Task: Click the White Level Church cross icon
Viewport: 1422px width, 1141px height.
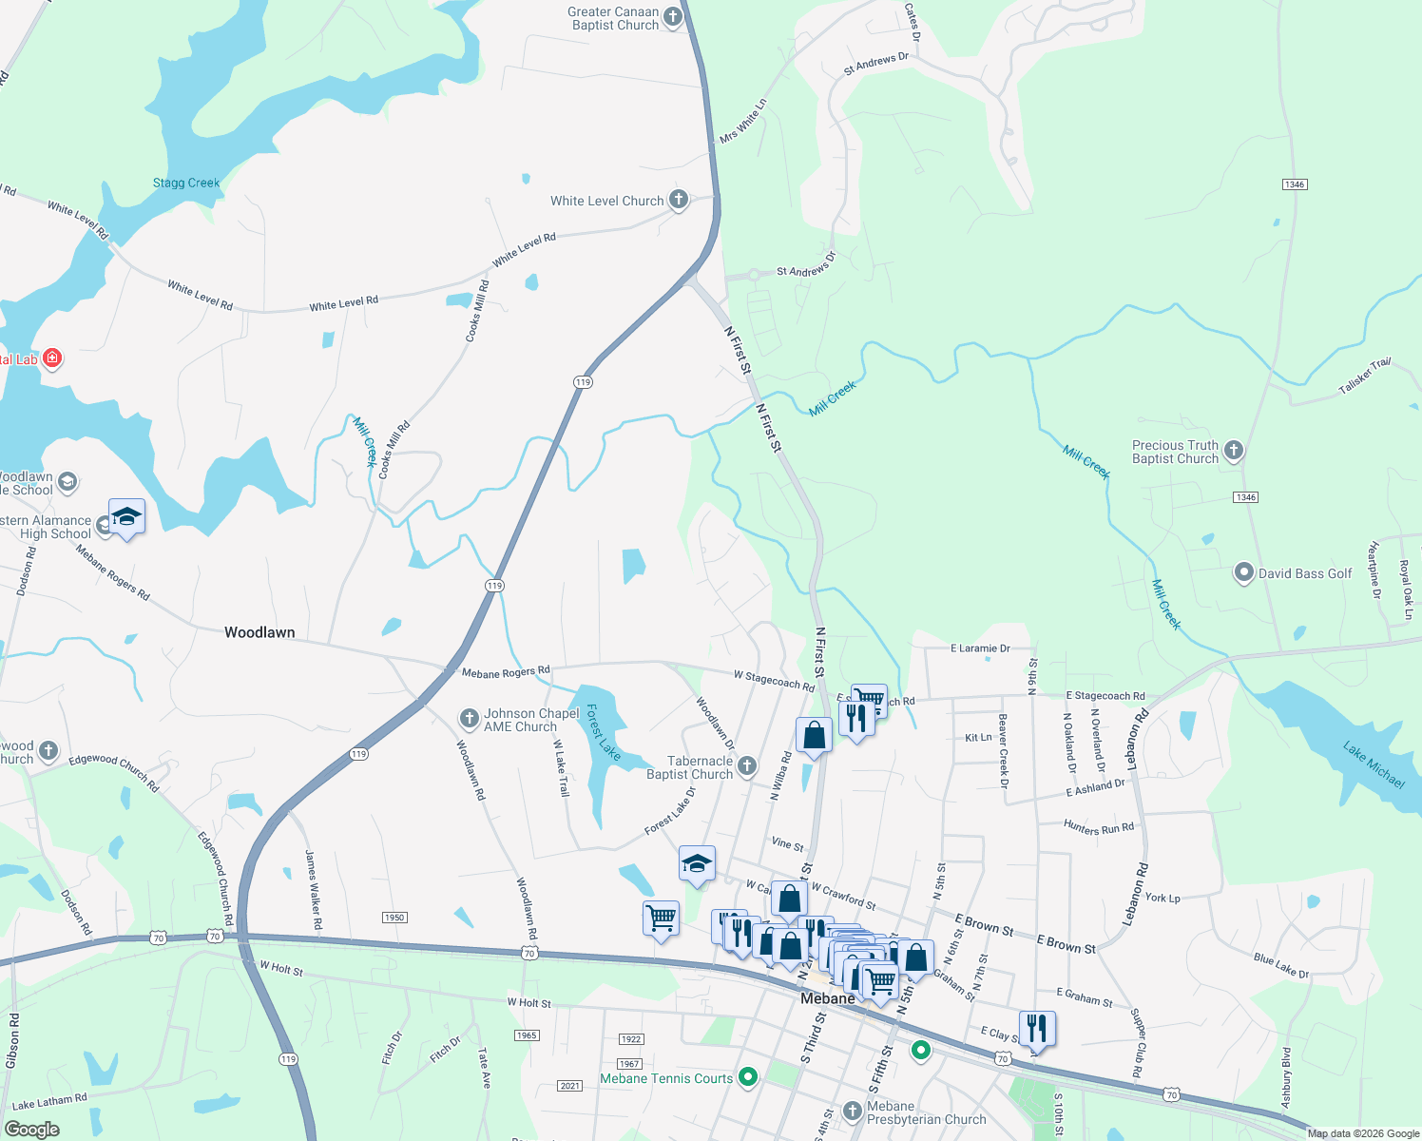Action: pos(678,200)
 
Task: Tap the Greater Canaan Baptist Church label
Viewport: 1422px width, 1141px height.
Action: pos(614,19)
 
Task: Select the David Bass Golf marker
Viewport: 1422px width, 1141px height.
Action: pos(1243,573)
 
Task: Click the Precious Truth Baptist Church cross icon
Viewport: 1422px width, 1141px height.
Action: pos(1233,451)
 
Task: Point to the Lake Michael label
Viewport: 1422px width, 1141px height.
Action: pos(1374,764)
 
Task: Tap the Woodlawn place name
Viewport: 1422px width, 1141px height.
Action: pos(259,632)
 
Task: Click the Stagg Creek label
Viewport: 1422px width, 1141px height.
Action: pos(186,183)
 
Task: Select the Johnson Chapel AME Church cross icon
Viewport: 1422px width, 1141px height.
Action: pos(469,719)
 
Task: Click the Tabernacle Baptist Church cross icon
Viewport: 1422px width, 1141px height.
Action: pos(747,766)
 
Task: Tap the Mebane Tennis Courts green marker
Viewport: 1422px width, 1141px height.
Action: pos(748,1077)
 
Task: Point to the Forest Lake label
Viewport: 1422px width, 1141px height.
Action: pos(603,732)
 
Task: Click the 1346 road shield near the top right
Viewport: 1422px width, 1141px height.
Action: pos(1294,184)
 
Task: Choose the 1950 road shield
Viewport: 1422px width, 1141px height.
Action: pos(394,918)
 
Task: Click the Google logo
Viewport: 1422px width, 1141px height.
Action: pos(31,1130)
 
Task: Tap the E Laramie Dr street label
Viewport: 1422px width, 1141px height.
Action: pos(980,648)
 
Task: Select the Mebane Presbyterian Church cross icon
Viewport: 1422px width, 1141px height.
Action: pos(852,1110)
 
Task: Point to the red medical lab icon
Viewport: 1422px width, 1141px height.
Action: pos(53,358)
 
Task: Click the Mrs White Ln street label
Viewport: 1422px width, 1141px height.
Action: pos(742,122)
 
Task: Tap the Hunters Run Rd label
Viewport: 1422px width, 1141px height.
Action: pos(1098,828)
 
